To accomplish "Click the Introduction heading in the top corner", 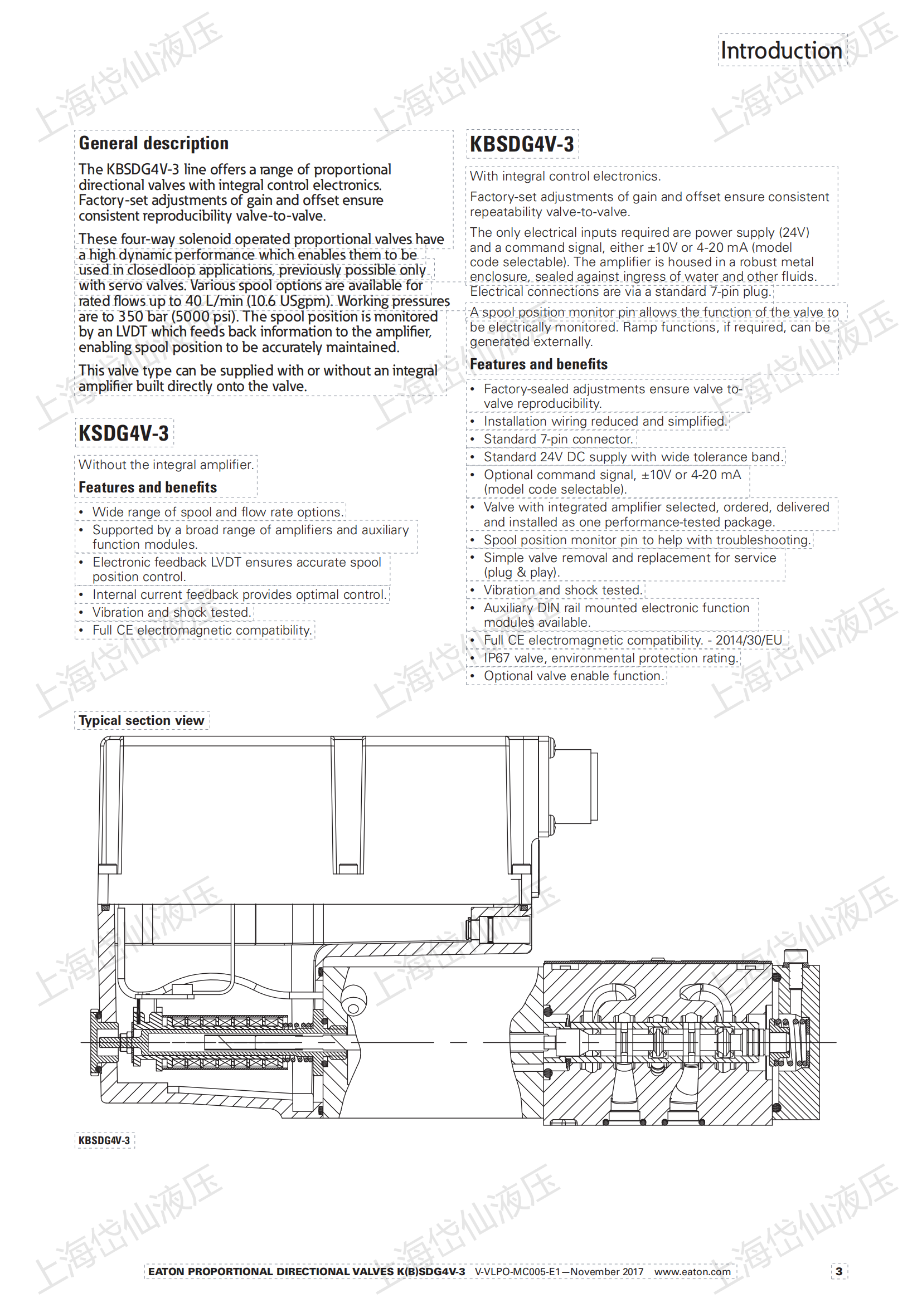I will pos(781,51).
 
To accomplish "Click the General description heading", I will pos(153,143).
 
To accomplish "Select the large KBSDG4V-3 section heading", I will pos(521,144).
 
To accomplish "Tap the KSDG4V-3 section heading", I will pos(123,433).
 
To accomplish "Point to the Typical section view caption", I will pos(141,720).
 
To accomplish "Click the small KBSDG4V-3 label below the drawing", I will pos(104,1140).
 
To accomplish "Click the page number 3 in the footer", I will pos(838,1271).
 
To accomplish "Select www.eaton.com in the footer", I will pos(692,1272).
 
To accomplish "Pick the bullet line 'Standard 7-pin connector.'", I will pos(557,439).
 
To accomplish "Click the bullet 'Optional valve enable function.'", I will pos(574,676).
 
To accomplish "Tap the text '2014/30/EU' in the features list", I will pos(748,640).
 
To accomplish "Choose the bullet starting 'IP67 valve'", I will pos(610,658).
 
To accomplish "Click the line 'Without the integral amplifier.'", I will pos(166,465).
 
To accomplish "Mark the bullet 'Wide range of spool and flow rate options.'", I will pos(218,512).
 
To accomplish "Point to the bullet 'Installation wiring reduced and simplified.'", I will pos(605,421).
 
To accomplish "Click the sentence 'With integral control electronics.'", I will pos(565,177).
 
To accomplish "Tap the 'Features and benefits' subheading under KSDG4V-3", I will pos(148,487).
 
